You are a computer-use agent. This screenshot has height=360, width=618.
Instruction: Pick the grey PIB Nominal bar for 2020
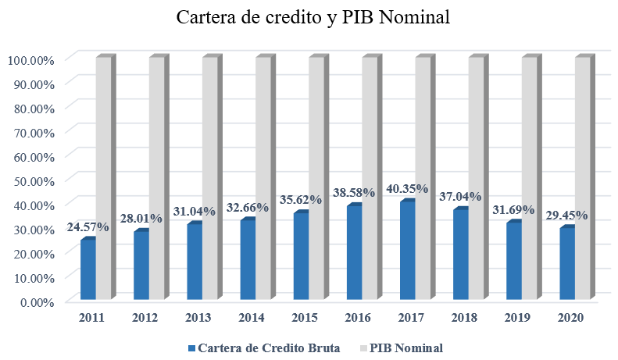point(582,180)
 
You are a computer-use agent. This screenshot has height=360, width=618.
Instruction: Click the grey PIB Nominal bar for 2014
point(263,180)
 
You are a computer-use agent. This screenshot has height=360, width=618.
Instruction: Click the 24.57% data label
point(88,226)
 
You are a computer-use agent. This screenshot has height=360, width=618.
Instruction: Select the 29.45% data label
point(567,215)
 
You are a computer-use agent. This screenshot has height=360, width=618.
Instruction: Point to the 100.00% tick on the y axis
point(30,59)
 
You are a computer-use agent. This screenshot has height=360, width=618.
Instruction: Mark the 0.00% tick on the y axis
point(36,301)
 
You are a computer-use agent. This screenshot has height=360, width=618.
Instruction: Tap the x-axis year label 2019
point(517,318)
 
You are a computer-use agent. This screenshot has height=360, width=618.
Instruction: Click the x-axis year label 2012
point(145,318)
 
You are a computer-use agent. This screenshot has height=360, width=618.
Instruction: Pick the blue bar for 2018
point(460,255)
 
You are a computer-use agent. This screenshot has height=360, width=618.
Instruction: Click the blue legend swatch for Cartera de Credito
point(191,348)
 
